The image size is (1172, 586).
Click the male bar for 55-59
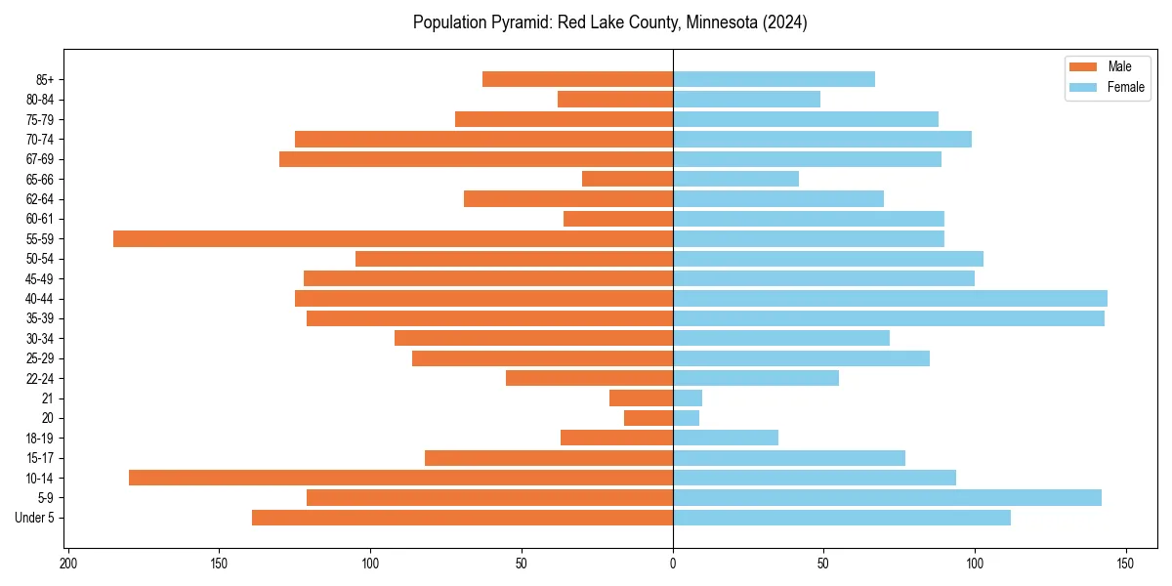click(x=393, y=238)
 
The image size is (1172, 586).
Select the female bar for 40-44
click(x=890, y=298)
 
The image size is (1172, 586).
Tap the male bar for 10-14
click(x=400, y=478)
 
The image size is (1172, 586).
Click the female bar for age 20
click(x=686, y=418)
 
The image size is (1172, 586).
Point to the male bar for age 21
click(x=641, y=398)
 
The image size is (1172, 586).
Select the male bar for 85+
click(x=577, y=79)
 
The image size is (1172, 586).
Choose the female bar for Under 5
click(x=841, y=518)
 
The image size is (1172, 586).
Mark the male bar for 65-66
click(x=627, y=179)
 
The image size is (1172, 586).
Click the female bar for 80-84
click(x=746, y=99)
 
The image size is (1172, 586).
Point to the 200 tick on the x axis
click(x=68, y=564)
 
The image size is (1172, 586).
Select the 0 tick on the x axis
click(x=673, y=564)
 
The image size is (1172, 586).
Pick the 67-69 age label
click(x=39, y=159)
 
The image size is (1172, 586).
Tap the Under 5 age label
click(x=35, y=518)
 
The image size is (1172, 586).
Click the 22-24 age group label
click(x=39, y=378)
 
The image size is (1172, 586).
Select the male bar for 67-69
click(x=476, y=159)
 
